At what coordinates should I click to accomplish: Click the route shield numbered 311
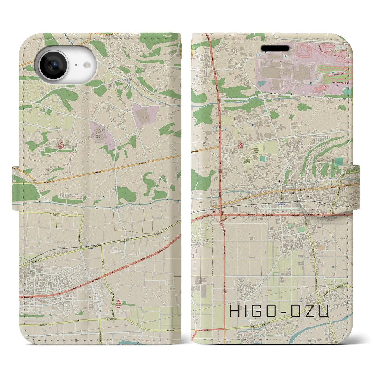click(x=80, y=232)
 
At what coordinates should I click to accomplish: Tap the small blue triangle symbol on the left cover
click(x=104, y=197)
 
